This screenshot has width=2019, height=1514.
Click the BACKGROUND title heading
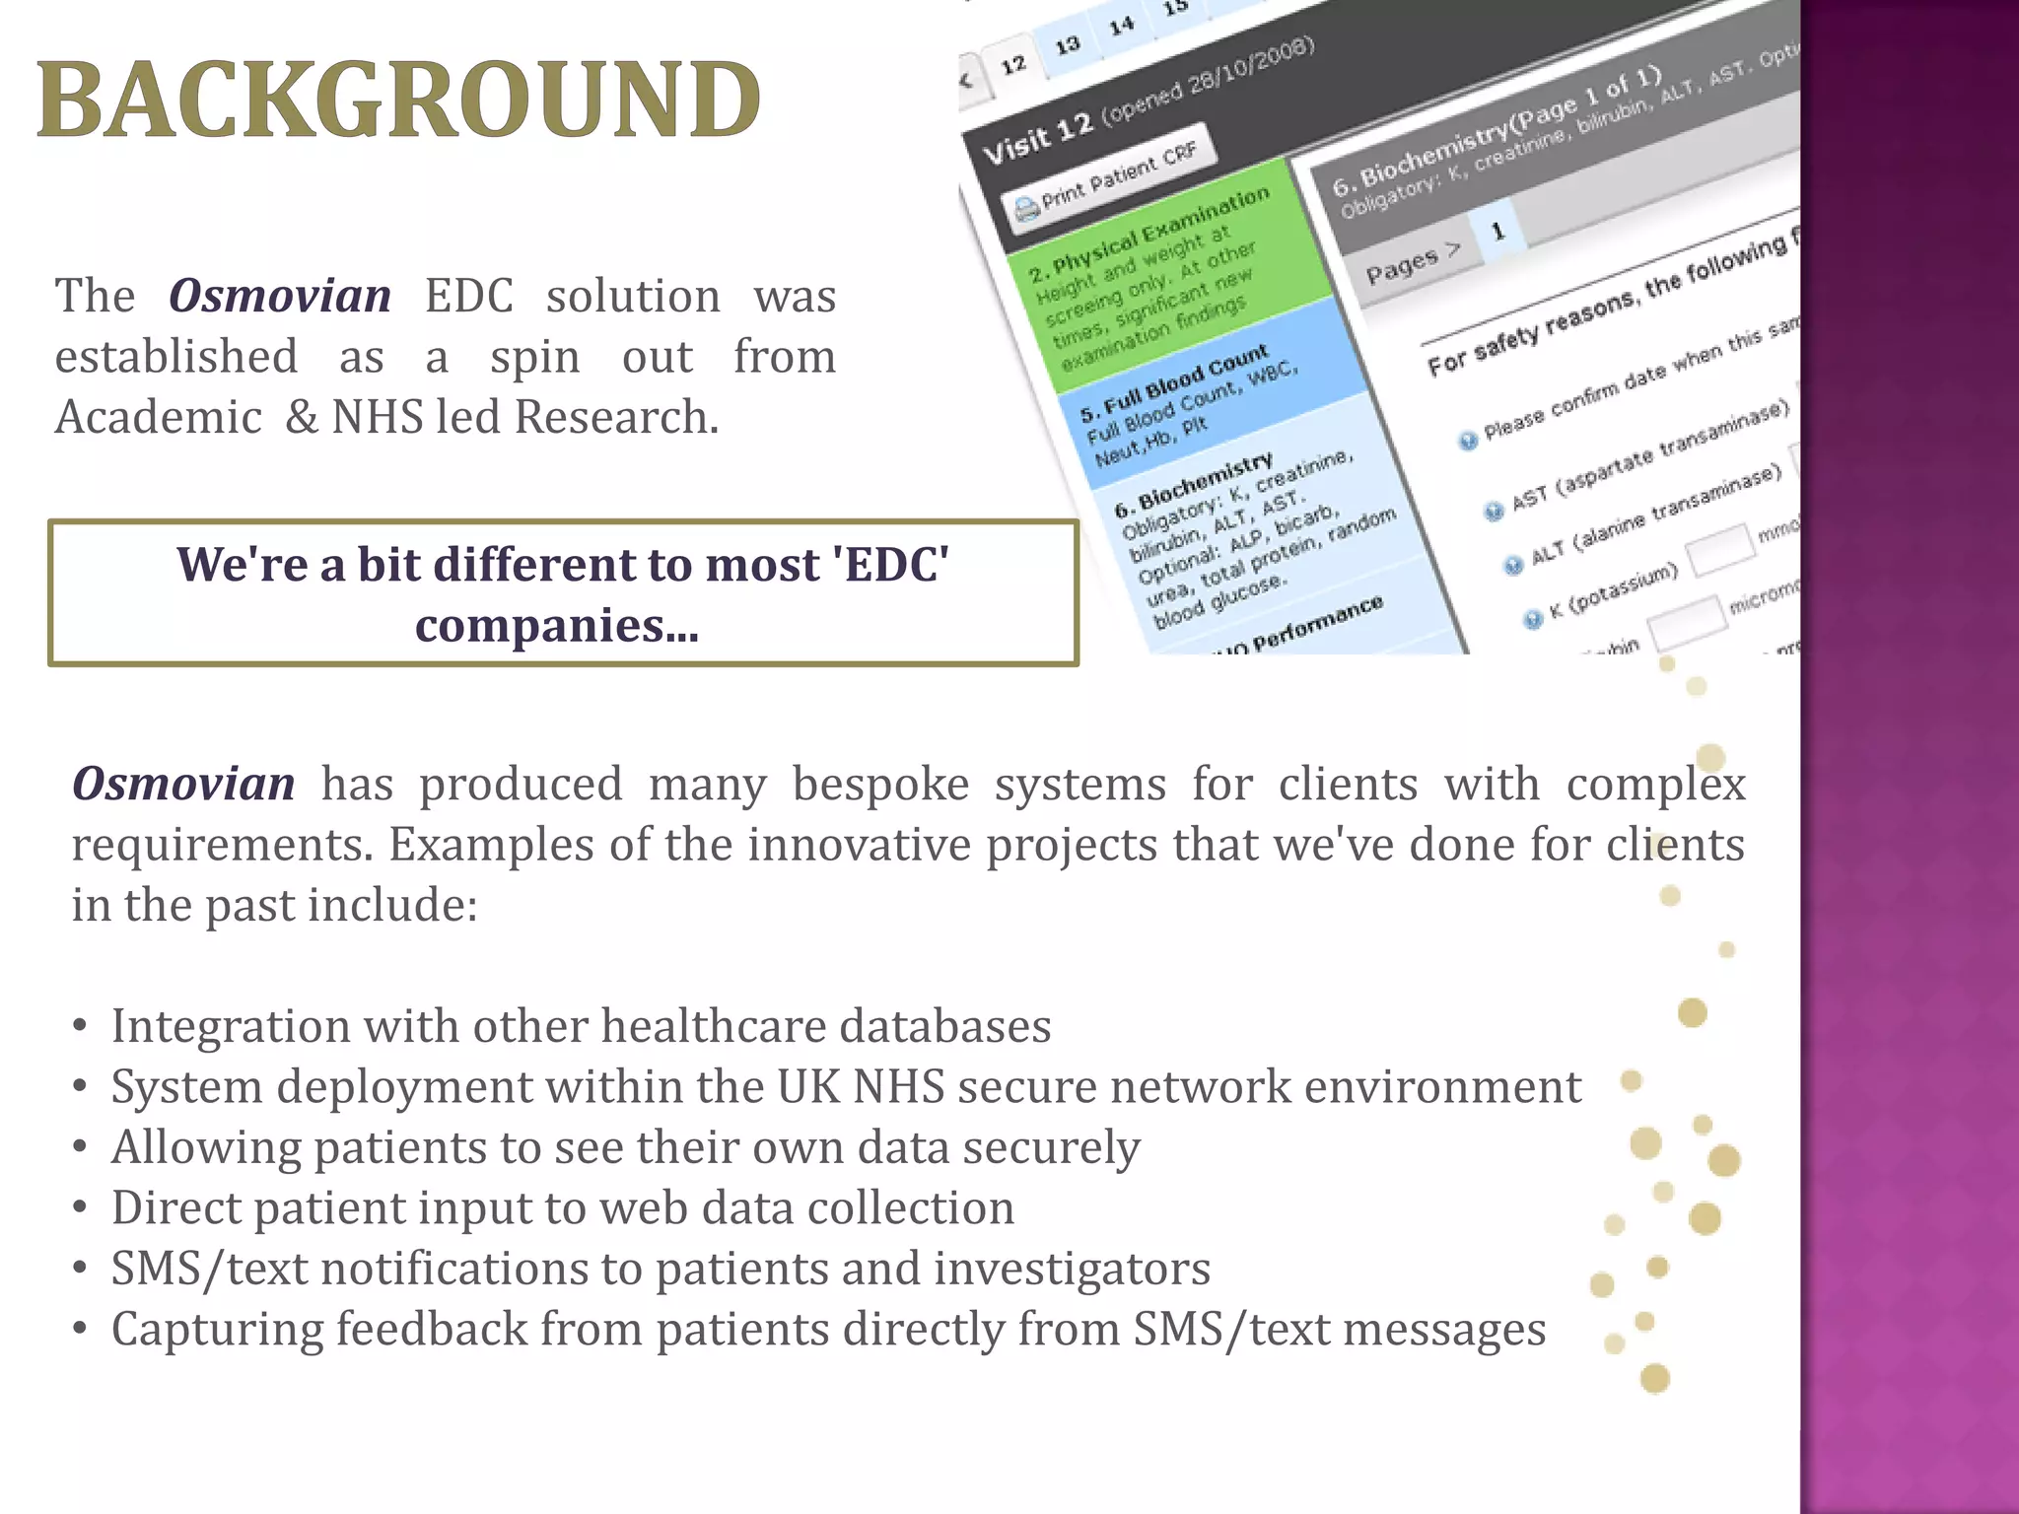click(x=398, y=101)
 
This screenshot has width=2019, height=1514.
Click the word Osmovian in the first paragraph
click(x=280, y=296)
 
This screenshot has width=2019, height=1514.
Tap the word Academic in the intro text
click(x=158, y=417)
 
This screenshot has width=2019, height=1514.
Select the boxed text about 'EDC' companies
click(x=562, y=593)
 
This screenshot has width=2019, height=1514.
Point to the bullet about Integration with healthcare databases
click(x=581, y=1026)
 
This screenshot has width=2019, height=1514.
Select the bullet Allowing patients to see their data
click(x=625, y=1147)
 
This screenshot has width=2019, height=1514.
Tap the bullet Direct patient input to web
click(x=562, y=1208)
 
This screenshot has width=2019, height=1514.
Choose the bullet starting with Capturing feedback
click(x=828, y=1329)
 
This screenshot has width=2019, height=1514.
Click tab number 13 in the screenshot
click(x=1067, y=45)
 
